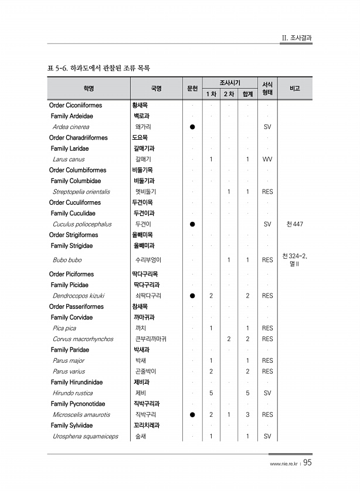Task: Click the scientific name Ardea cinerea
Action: (x=71, y=127)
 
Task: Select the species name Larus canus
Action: (x=69, y=159)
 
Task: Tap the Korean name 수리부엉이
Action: (x=148, y=260)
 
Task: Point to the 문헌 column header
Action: (x=192, y=89)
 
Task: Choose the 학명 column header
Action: (x=89, y=89)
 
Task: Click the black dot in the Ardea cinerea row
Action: (x=192, y=127)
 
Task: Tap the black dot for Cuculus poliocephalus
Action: (x=192, y=224)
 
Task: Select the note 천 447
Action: (x=295, y=224)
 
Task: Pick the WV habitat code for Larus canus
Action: (x=267, y=159)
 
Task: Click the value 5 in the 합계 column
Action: (x=248, y=393)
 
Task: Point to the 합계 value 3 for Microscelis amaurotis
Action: (x=248, y=415)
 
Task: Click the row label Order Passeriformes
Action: (x=76, y=306)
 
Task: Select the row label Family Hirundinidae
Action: (x=77, y=382)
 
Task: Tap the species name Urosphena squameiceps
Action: (x=85, y=437)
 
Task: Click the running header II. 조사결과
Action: (x=297, y=38)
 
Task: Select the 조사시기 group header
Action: (x=229, y=83)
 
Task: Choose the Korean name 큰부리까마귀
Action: (x=151, y=339)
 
